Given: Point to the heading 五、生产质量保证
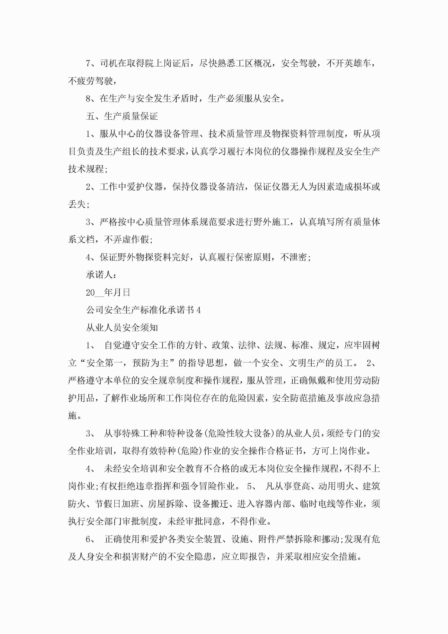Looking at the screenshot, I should tap(122, 116).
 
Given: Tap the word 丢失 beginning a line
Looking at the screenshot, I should tap(77, 204).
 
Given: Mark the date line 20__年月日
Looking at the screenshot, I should tap(108, 292).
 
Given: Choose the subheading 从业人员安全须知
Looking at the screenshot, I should tap(122, 328).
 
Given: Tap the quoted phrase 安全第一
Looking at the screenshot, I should tap(100, 363).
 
